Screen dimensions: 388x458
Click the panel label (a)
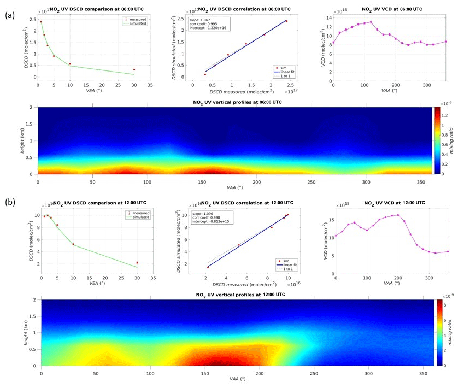(x=9, y=15)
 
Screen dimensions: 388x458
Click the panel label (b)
(x=9, y=202)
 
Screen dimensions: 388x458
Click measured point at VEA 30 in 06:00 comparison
(x=134, y=70)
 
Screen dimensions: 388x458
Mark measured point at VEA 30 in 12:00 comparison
(x=137, y=263)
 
